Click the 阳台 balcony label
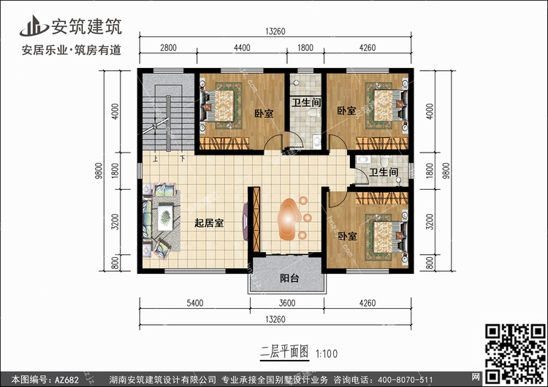pos(289,278)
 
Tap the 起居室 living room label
pos(209,223)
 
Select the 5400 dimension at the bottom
pos(194,303)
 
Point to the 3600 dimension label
pos(287,303)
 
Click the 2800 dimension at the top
pos(168,48)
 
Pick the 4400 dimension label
pos(242,48)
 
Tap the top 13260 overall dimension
pos(275,31)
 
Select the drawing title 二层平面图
pos(284,352)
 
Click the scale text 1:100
pos(327,354)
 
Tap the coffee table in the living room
pos(165,218)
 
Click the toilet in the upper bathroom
pos(312,112)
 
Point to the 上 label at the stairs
pos(155,159)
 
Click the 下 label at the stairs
pos(183,159)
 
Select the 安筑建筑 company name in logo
pos(87,26)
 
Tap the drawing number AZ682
pos(66,380)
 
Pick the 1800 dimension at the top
pos(305,48)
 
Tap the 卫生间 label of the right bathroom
pos(384,172)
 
